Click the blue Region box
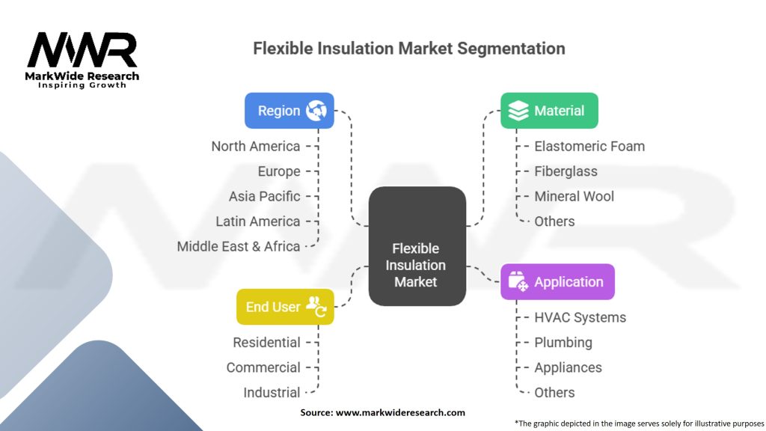pyautogui.click(x=289, y=111)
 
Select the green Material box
pyautogui.click(x=549, y=111)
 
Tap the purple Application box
pyautogui.click(x=557, y=282)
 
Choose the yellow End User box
pyautogui.click(x=285, y=307)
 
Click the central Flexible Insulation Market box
pyautogui.click(x=417, y=246)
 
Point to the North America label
pyautogui.click(x=256, y=146)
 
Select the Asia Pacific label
pyautogui.click(x=264, y=197)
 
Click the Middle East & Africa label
pyautogui.click(x=239, y=246)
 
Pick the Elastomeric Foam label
pyautogui.click(x=589, y=146)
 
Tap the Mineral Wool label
pyautogui.click(x=574, y=197)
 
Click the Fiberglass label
pyautogui.click(x=566, y=171)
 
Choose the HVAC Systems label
pyautogui.click(x=580, y=317)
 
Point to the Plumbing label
pyautogui.click(x=563, y=343)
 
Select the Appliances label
pyautogui.click(x=569, y=367)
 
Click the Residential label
pyautogui.click(x=267, y=343)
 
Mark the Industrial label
pyautogui.click(x=272, y=392)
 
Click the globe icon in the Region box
pyautogui.click(x=316, y=111)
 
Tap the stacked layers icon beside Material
pyautogui.click(x=518, y=111)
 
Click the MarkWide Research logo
pyautogui.click(x=82, y=60)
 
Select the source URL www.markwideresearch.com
pyautogui.click(x=400, y=412)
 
